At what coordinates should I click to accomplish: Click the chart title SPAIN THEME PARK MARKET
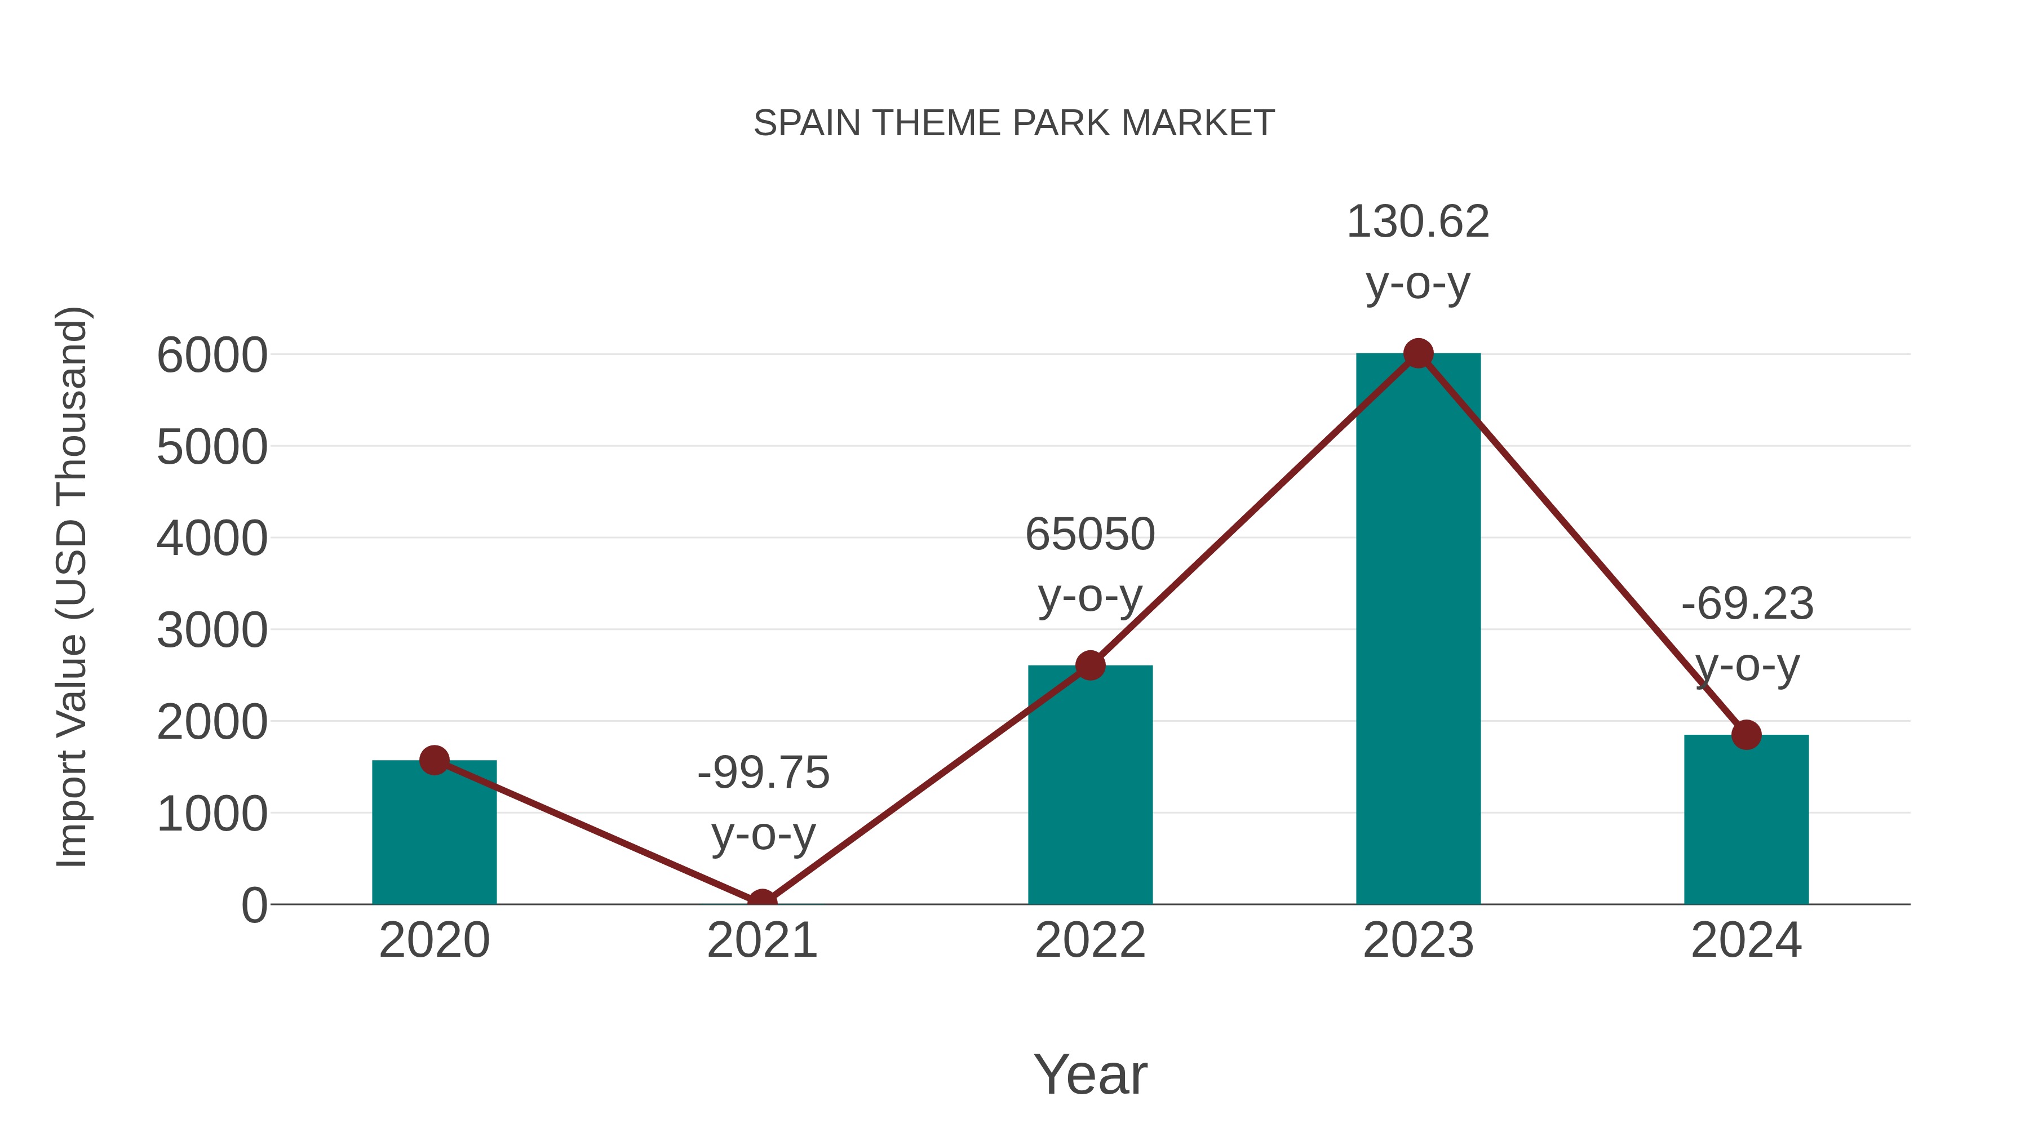1014,123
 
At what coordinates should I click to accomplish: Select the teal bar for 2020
434,834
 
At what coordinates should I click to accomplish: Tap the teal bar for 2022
1090,788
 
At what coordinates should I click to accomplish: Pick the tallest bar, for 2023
1418,630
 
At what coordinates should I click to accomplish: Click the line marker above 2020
434,760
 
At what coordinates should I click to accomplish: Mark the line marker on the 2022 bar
1090,665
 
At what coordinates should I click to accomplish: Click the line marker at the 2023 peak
1418,353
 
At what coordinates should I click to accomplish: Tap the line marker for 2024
1746,735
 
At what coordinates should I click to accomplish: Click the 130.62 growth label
1418,222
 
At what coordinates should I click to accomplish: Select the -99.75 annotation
763,772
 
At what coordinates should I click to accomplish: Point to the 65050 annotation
1090,535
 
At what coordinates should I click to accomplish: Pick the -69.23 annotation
1747,605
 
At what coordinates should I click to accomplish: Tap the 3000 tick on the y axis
212,630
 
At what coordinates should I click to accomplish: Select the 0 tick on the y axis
254,905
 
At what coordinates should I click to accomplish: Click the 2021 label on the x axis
761,940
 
